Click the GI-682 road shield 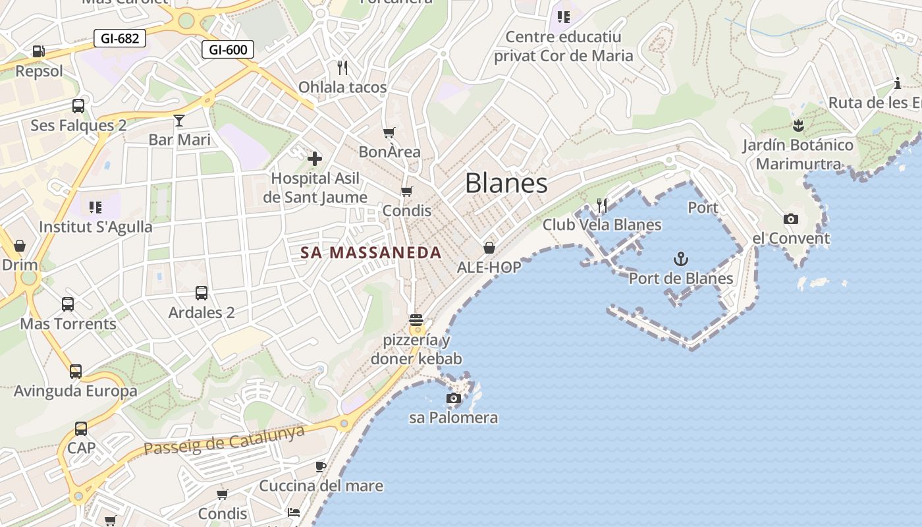[119, 38]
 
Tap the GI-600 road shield [228, 49]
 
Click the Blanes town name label [506, 183]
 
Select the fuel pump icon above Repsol [39, 51]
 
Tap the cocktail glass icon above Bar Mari [179, 120]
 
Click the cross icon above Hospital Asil [315, 158]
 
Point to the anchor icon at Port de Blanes [681, 259]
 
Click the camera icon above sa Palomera [453, 398]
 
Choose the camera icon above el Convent [790, 219]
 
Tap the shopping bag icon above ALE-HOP [489, 248]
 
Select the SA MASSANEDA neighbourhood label [371, 252]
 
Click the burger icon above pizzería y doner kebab [416, 321]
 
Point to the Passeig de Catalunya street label [225, 440]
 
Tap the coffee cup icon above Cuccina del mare [321, 466]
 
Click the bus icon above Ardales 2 [202, 293]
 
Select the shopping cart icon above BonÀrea [389, 132]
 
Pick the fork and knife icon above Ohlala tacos [342, 67]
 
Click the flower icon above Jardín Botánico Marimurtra [798, 126]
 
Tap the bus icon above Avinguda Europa [76, 372]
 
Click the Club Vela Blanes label [602, 225]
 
